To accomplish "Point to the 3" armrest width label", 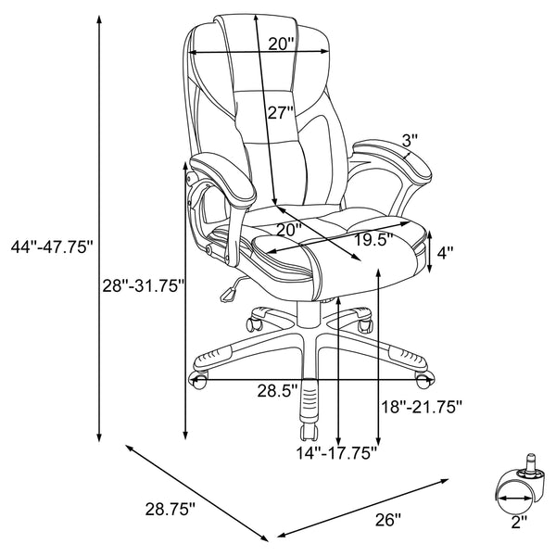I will click(411, 140).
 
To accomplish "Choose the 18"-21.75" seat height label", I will click(422, 406).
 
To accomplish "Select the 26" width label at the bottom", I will click(388, 520).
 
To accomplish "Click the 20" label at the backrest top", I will click(281, 43).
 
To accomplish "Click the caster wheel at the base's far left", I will click(198, 379).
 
